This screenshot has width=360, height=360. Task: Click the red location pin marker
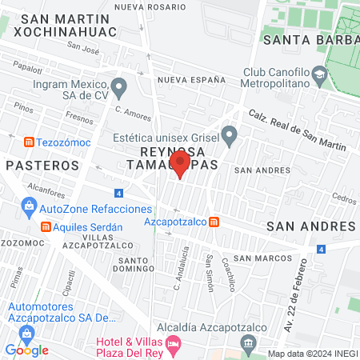click(179, 165)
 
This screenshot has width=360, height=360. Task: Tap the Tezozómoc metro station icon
click(29, 142)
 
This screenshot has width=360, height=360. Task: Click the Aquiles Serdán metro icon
click(46, 226)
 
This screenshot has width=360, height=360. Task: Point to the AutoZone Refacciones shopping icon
click(29, 208)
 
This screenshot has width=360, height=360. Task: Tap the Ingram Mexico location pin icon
click(119, 86)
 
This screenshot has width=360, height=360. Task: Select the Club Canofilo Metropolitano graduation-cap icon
click(319, 73)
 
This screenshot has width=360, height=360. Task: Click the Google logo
click(26, 350)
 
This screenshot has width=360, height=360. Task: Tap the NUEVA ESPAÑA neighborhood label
click(187, 81)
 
